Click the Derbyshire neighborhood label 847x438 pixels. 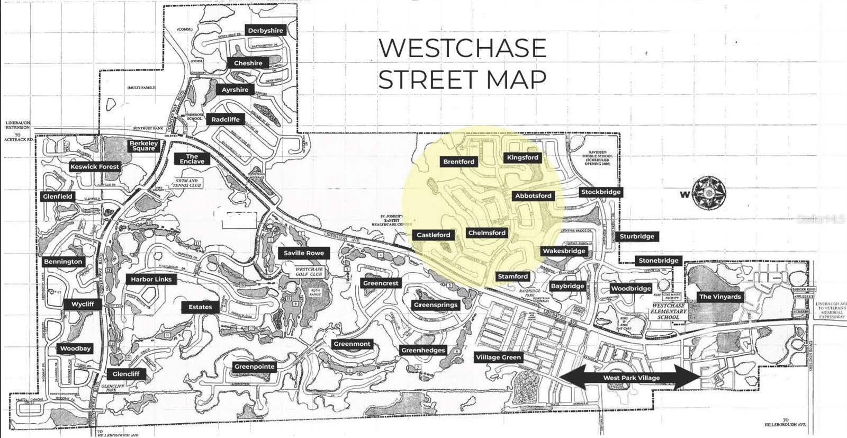pyautogui.click(x=266, y=31)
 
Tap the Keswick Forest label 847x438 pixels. pyautogui.click(x=95, y=167)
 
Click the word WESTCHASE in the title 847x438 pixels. pyautogui.click(x=462, y=48)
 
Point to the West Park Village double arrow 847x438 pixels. pyautogui.click(x=631, y=378)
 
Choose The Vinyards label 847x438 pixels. pyautogui.click(x=720, y=297)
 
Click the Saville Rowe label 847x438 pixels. pyautogui.click(x=304, y=253)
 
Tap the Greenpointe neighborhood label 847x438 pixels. pyautogui.click(x=255, y=367)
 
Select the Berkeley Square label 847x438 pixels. pyautogui.click(x=144, y=146)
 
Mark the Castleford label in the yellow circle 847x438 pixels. pyautogui.click(x=434, y=235)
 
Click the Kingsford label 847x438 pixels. pyautogui.click(x=522, y=158)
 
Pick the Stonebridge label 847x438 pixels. pyautogui.click(x=659, y=261)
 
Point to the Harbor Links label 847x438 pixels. pyautogui.click(x=151, y=279)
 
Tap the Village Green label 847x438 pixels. pyautogui.click(x=498, y=357)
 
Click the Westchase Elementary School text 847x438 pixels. pyautogui.click(x=669, y=311)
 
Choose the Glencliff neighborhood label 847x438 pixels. pyautogui.click(x=126, y=374)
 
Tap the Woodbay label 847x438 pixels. pyautogui.click(x=76, y=348)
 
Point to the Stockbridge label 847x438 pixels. pyautogui.click(x=601, y=192)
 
